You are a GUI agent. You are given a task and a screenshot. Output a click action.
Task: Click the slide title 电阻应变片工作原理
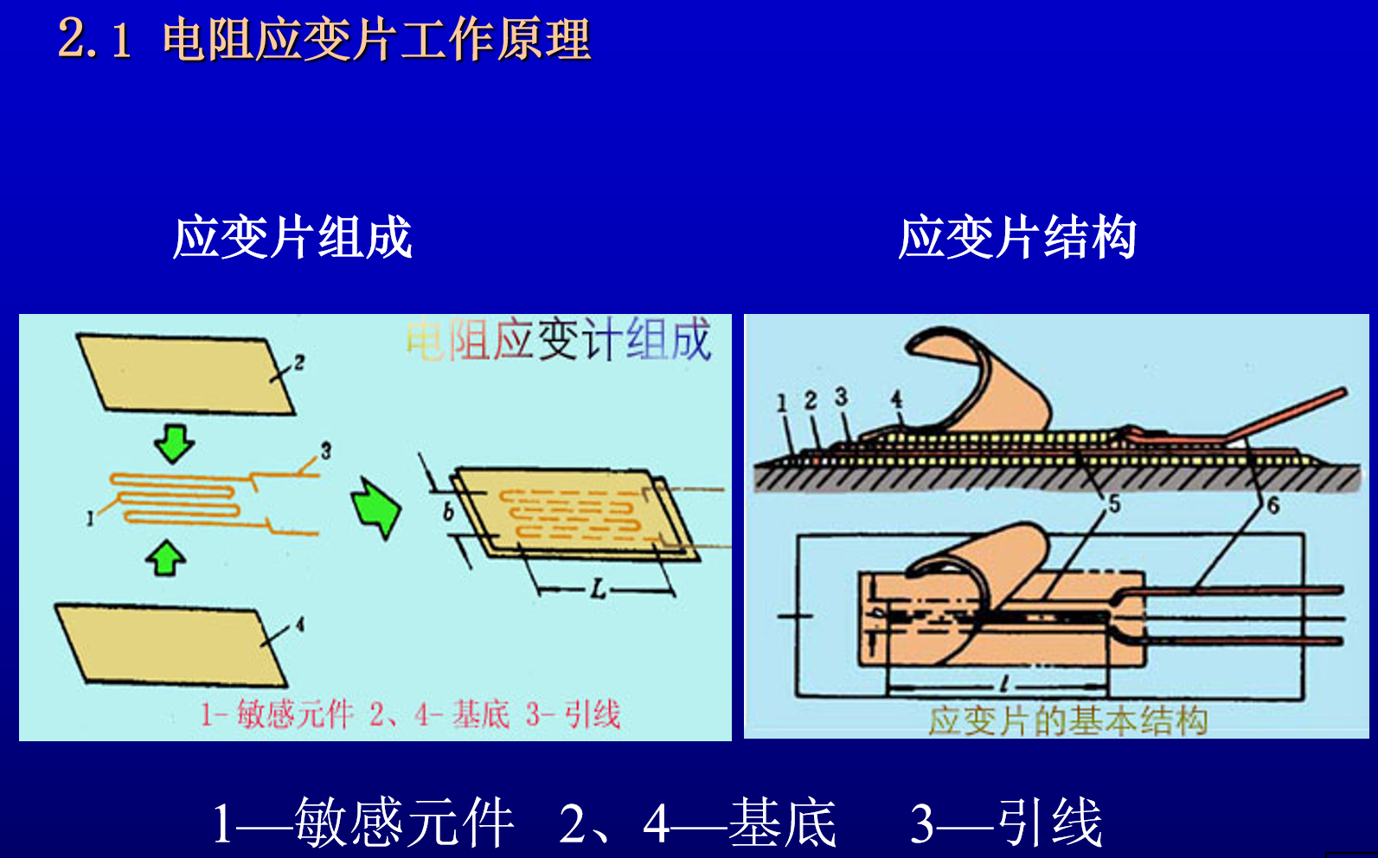[x=376, y=39]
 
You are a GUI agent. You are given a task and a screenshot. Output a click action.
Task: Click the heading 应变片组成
[x=292, y=238]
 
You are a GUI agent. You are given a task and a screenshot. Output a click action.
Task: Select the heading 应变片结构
[x=1016, y=238]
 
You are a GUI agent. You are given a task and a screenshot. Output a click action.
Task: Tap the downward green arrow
[x=174, y=443]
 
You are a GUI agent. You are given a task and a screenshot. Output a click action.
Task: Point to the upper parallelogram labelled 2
[x=186, y=373]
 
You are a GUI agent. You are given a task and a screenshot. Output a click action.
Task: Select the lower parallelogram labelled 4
[x=171, y=644]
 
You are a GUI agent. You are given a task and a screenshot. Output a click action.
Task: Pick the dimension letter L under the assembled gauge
[x=598, y=591]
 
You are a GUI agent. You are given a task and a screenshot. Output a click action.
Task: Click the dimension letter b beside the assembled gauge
[x=448, y=511]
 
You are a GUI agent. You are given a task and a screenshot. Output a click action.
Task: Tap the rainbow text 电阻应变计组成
[x=559, y=340]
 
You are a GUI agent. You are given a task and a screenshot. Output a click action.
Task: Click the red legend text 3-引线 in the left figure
[x=573, y=714]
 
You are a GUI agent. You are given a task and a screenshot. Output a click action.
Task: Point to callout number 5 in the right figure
[x=1114, y=503]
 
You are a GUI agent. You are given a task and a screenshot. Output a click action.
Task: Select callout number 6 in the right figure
[x=1272, y=505]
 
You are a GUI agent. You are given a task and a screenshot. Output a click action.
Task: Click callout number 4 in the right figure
[x=896, y=399]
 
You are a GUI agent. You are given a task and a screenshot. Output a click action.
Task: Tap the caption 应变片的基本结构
[x=1067, y=720]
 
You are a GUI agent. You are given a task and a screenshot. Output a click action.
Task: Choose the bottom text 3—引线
[x=1006, y=823]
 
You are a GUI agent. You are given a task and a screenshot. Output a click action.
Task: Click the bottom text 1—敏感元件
[x=363, y=823]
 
